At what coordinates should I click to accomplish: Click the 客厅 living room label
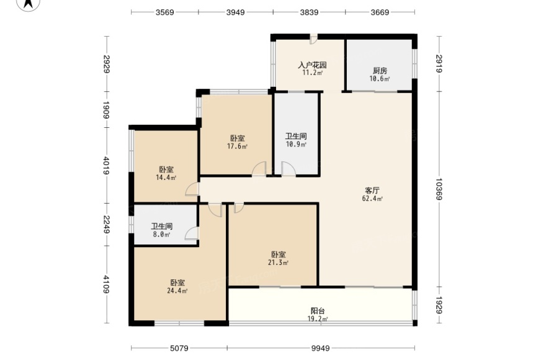(x=372, y=191)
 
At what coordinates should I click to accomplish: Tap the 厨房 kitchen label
(x=380, y=71)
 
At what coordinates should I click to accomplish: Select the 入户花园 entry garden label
(x=312, y=65)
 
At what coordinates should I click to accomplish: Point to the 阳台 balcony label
(x=318, y=311)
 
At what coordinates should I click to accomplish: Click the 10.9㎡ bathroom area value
(x=296, y=144)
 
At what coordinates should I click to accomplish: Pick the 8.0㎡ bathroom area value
(x=161, y=235)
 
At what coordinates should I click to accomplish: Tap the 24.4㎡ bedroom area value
(x=177, y=290)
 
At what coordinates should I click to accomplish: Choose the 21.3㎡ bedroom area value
(x=278, y=263)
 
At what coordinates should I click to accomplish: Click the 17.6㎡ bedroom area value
(x=237, y=146)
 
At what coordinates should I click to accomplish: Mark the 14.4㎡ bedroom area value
(x=166, y=178)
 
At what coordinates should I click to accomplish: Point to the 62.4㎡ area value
(x=373, y=199)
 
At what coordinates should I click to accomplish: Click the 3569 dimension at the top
(x=164, y=12)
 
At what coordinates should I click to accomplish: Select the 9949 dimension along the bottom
(x=320, y=348)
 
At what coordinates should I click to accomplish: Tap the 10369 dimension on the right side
(x=439, y=189)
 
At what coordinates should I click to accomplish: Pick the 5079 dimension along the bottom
(x=179, y=348)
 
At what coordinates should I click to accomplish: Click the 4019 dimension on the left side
(x=107, y=166)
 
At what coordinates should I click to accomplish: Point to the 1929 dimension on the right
(x=439, y=305)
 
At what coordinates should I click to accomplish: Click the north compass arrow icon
(x=29, y=4)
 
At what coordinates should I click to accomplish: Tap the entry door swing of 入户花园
(x=314, y=39)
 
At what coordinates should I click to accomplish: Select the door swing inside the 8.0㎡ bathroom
(x=192, y=233)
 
